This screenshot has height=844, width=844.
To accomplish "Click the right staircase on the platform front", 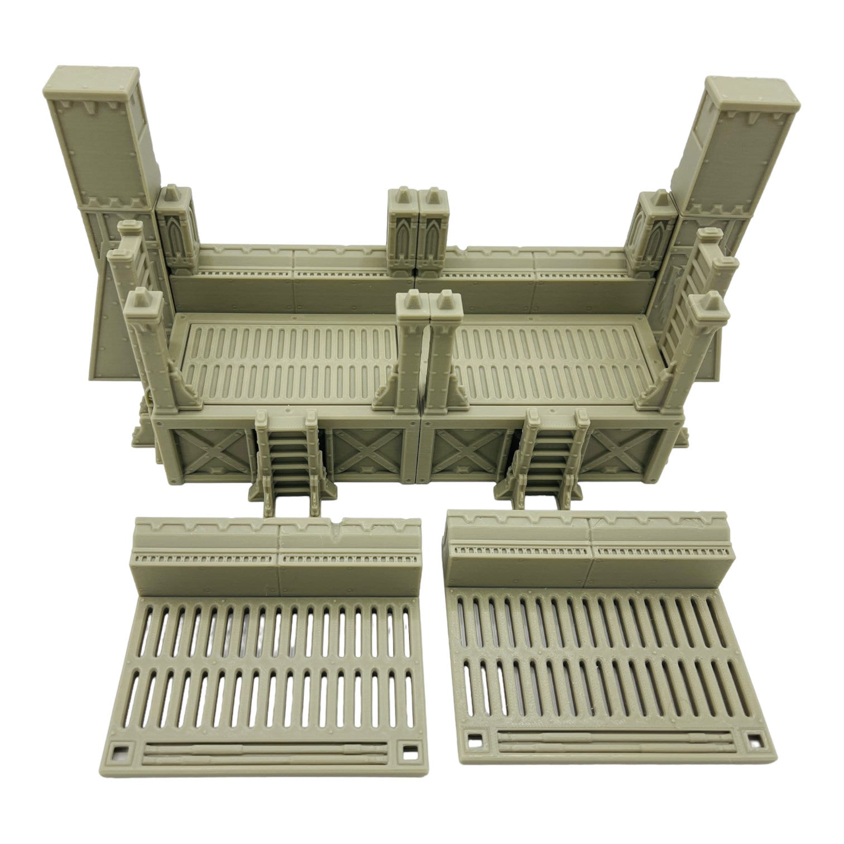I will pos(550,458).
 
